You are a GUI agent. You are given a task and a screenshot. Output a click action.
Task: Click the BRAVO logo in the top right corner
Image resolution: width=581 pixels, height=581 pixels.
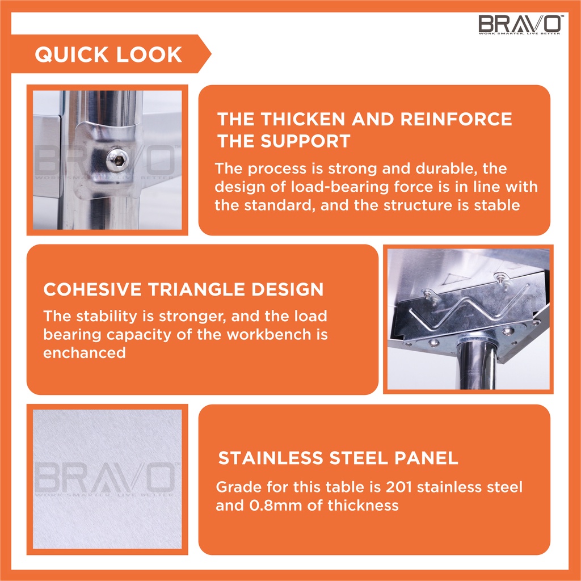click(521, 24)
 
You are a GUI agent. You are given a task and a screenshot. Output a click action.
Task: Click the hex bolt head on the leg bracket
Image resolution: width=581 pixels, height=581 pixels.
click(117, 160)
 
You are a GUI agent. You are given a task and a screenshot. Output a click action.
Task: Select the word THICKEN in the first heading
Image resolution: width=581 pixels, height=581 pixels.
click(303, 119)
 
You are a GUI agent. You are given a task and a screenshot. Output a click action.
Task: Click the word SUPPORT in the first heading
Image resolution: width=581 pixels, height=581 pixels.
click(305, 141)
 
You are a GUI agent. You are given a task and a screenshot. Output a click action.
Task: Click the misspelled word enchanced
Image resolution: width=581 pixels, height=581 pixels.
click(85, 353)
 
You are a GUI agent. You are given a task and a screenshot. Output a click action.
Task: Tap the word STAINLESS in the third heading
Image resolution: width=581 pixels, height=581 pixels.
click(271, 458)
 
